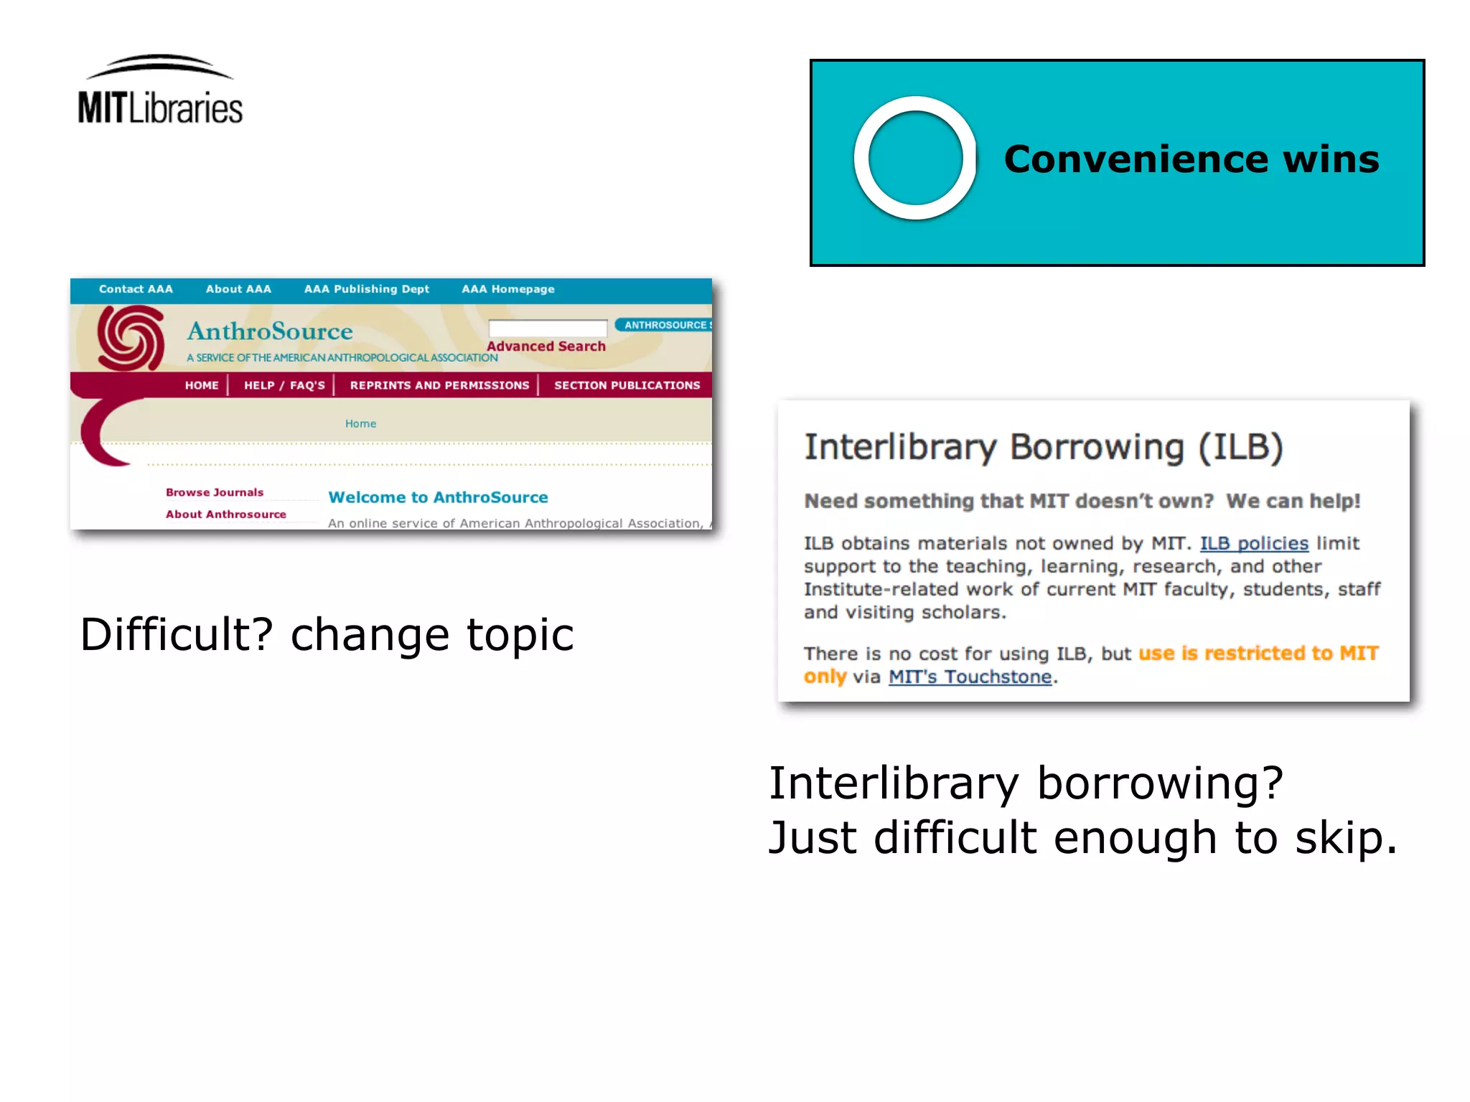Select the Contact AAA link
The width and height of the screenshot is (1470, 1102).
(x=136, y=289)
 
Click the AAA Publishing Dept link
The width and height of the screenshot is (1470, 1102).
(x=366, y=289)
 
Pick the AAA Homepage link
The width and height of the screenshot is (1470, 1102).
(x=507, y=289)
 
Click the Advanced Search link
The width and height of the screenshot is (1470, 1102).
(x=546, y=347)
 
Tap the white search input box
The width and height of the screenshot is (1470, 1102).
(x=547, y=328)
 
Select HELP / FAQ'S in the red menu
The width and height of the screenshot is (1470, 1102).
(x=284, y=385)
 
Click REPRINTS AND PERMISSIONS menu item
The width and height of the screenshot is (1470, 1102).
(x=439, y=385)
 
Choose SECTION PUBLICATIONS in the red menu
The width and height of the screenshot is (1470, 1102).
(x=627, y=385)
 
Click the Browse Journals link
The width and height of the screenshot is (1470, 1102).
(x=215, y=492)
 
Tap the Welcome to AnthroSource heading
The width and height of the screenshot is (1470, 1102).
(x=438, y=497)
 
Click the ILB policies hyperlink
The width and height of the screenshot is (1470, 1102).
(x=1254, y=543)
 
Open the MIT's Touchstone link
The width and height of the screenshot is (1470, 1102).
(x=970, y=677)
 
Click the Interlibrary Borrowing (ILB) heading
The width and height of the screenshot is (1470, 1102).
(x=1043, y=447)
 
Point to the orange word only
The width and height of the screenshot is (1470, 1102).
(x=825, y=677)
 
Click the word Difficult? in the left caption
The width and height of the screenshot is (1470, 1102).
(x=177, y=635)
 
